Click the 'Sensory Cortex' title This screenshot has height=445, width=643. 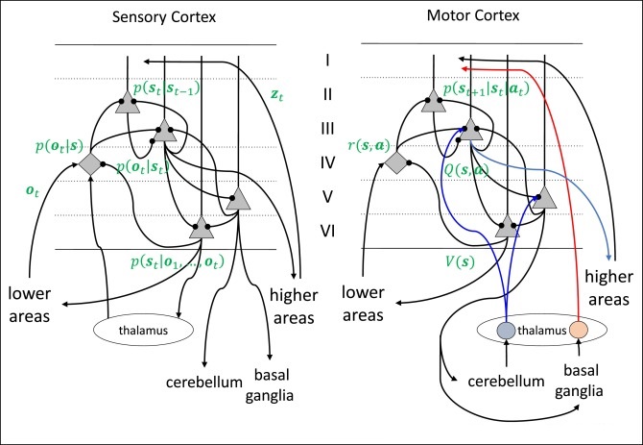tap(164, 17)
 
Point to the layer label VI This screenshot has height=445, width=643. tap(328, 230)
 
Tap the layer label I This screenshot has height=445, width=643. tap(328, 60)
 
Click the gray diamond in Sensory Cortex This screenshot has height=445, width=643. tap(89, 164)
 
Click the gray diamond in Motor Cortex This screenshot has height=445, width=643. tap(393, 164)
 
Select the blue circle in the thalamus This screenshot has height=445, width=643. tap(507, 330)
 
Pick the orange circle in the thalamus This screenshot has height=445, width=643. tap(579, 330)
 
